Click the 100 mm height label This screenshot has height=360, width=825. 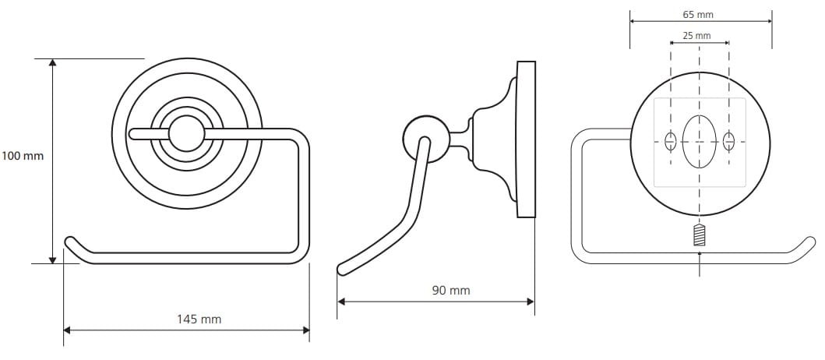(x=23, y=156)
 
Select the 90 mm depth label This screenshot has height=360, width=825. (x=451, y=290)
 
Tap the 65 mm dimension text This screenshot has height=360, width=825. (x=698, y=15)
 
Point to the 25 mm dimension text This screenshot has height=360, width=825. (x=696, y=36)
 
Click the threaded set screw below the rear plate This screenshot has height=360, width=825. (x=699, y=235)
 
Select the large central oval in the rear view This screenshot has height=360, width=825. (x=700, y=141)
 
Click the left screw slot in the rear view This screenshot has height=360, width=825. (x=670, y=142)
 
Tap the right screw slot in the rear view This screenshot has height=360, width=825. (x=728, y=142)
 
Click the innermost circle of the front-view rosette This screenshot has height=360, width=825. (x=185, y=134)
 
